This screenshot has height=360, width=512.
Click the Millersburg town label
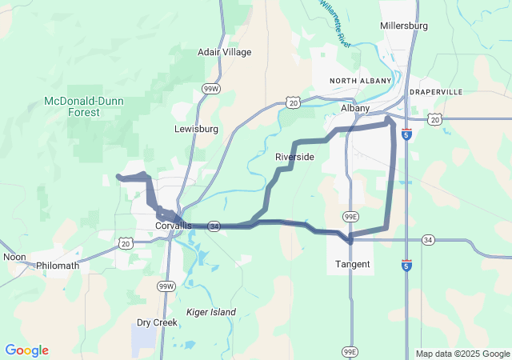point(404,26)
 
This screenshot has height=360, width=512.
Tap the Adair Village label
point(224,52)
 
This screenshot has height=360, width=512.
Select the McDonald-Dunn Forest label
point(72,106)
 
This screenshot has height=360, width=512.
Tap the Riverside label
point(294,157)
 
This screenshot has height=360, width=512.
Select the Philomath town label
point(58,265)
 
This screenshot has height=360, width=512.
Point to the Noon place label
point(14,257)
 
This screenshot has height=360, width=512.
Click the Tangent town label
point(352,264)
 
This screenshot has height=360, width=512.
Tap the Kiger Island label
point(210,311)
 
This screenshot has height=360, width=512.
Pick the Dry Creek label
point(156,323)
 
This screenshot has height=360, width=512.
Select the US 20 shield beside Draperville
point(434,118)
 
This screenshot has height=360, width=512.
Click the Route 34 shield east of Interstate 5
point(428,240)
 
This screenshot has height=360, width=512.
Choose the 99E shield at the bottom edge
point(350,351)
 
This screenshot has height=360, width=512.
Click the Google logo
point(26,350)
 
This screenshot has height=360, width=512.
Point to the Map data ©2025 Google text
point(462,354)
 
